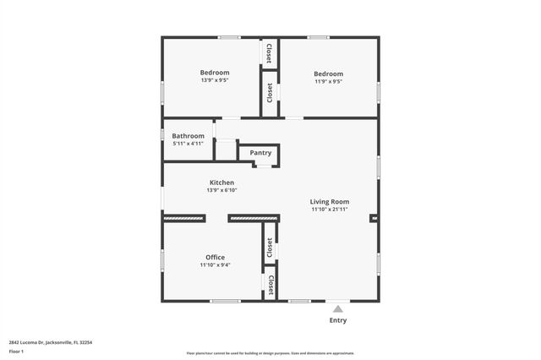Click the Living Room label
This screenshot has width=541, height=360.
[x=329, y=201]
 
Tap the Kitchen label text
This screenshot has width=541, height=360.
[x=221, y=183]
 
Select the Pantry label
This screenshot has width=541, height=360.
[x=260, y=153]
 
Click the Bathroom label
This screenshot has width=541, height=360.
[x=188, y=136]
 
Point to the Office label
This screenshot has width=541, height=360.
[x=215, y=257]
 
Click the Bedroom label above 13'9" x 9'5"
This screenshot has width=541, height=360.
[x=215, y=73]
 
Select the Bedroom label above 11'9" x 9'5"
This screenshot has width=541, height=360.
[x=328, y=74]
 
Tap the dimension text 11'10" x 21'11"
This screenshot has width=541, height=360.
[x=329, y=210]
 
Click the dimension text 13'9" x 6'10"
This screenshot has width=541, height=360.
[x=221, y=190]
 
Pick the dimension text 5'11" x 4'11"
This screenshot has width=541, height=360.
[x=188, y=144]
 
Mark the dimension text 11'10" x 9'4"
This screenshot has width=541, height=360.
[x=215, y=265]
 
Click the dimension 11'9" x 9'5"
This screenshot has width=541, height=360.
[x=328, y=81]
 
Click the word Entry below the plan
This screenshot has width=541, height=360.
[x=337, y=320]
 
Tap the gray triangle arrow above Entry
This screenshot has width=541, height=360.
[x=337, y=309]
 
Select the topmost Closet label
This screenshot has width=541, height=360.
[x=270, y=53]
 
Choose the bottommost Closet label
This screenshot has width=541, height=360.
[x=270, y=285]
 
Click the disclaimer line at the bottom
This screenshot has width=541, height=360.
[x=270, y=353]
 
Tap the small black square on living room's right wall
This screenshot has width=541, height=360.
[x=374, y=218]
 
